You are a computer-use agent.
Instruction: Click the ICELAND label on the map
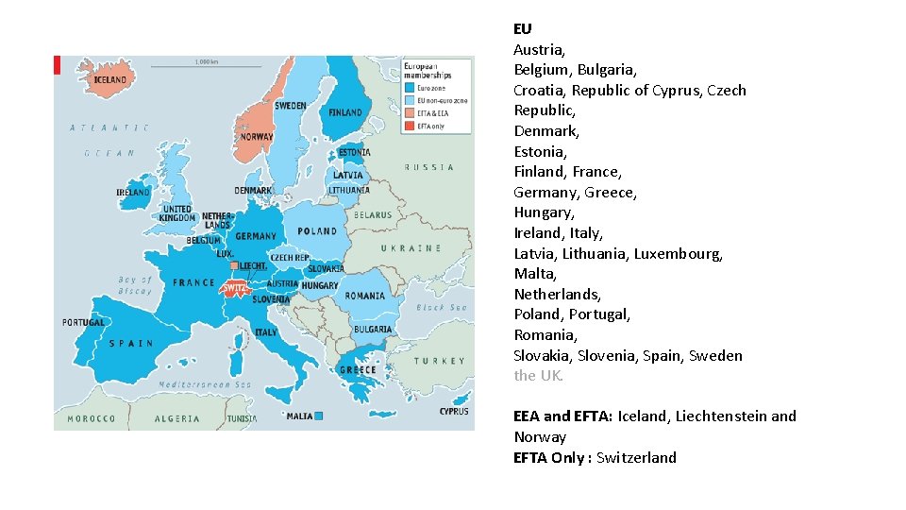109,80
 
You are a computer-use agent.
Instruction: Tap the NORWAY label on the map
257,137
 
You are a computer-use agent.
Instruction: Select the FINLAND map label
344,112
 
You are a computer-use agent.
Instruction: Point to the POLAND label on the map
317,231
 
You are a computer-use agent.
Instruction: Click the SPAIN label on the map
131,344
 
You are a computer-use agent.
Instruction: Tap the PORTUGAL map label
84,323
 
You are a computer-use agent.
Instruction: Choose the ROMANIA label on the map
364,296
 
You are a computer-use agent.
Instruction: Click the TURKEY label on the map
439,361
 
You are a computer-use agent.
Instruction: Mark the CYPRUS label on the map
453,412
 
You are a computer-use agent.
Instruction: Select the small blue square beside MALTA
319,416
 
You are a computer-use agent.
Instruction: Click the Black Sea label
442,308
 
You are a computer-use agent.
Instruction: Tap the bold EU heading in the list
523,28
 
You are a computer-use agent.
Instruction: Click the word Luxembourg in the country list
678,253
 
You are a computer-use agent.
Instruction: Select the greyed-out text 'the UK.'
539,376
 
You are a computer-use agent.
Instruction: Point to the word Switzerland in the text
636,457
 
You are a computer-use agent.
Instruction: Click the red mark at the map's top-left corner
57,64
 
